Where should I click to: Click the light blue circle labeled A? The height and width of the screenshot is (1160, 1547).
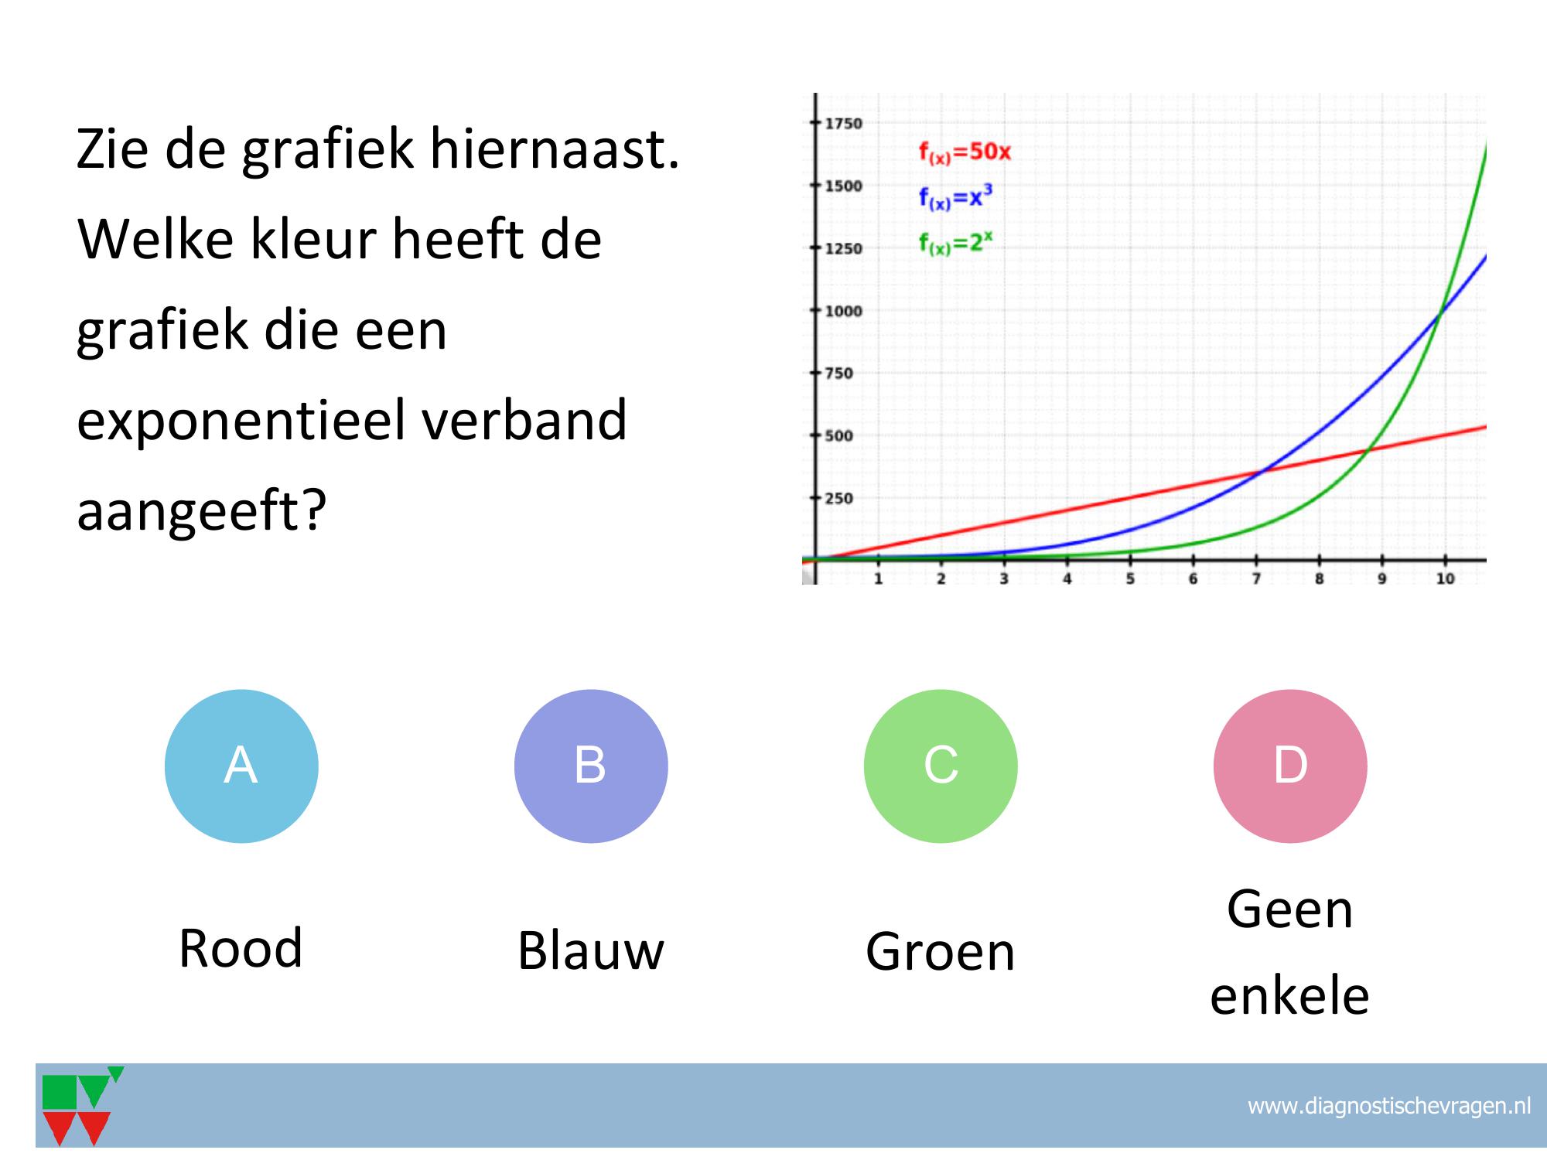[x=241, y=766]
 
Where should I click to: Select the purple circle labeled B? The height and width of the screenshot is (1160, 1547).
[x=591, y=766]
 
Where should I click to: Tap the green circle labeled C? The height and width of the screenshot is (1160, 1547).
[x=941, y=766]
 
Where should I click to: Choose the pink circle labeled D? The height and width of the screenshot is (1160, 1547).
[x=1290, y=766]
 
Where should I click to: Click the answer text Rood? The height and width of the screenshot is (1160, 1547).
[x=241, y=948]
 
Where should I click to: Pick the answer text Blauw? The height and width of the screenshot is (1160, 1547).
[x=591, y=950]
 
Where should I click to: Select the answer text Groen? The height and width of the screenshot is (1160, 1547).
[x=940, y=951]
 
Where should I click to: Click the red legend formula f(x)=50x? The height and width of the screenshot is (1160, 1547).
[x=965, y=152]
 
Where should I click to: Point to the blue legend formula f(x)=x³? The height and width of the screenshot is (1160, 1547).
[x=955, y=198]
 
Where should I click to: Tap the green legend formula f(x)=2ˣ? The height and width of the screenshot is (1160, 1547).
[x=955, y=243]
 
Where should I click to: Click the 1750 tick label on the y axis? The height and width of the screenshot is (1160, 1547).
[x=843, y=124]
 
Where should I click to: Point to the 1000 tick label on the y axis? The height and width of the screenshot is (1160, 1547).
[x=843, y=311]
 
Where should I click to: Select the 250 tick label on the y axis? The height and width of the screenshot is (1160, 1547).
[x=838, y=498]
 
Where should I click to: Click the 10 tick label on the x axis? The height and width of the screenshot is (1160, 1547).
[x=1445, y=578]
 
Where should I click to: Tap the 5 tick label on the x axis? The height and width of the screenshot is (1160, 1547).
[x=1130, y=578]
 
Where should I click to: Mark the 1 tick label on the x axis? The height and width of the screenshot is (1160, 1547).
[x=878, y=578]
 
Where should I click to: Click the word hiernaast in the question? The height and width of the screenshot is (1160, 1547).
[x=555, y=148]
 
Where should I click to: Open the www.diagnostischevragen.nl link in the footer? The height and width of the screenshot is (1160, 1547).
[x=1389, y=1106]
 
